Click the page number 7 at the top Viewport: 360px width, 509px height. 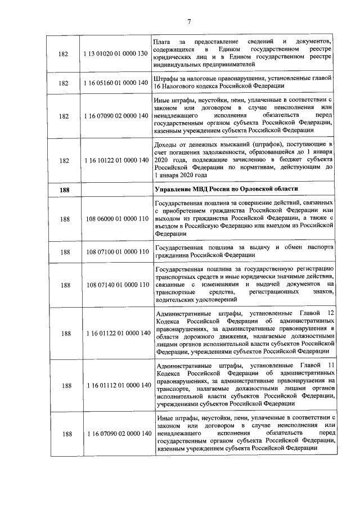(x=190, y=22)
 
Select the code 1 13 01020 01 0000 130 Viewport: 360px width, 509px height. (x=117, y=53)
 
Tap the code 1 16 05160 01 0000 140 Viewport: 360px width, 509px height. (x=117, y=83)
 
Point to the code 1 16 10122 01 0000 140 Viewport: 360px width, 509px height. (x=117, y=160)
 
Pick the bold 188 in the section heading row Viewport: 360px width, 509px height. (x=66, y=188)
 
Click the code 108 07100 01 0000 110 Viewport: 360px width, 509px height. (x=117, y=251)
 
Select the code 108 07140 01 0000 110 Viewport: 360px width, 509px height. (x=117, y=285)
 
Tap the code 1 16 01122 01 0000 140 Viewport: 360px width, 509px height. (x=117, y=333)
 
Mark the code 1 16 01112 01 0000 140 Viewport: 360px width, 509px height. (x=117, y=385)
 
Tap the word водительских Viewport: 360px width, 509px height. (x=175, y=300)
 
